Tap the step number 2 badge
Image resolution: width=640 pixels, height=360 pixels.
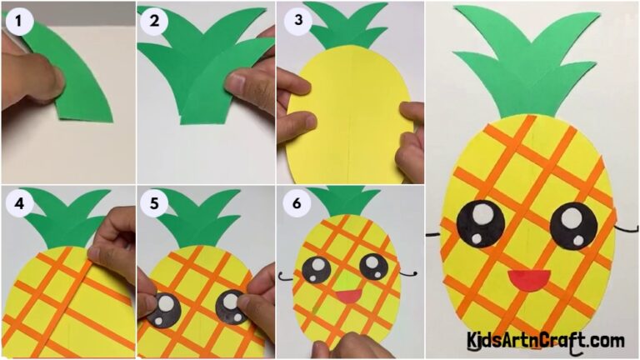tap(153, 20)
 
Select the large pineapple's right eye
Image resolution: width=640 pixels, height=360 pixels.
tap(573, 221)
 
